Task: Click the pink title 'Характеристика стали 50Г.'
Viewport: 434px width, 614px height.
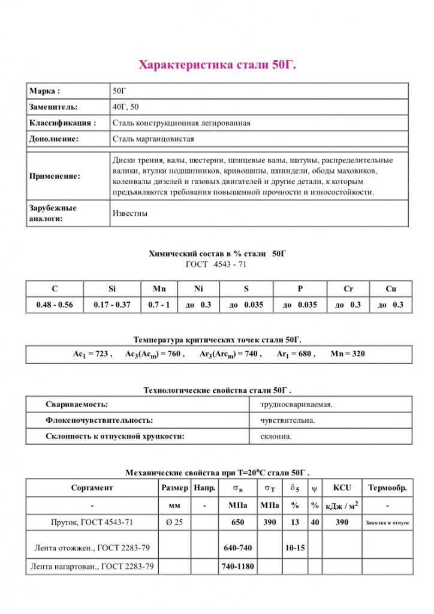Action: click(217, 64)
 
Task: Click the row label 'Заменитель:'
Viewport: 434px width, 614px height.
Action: click(53, 107)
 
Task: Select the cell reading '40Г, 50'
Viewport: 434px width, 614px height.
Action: click(126, 107)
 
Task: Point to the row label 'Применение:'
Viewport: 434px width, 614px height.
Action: click(55, 176)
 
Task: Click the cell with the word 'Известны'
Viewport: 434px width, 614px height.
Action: click(130, 213)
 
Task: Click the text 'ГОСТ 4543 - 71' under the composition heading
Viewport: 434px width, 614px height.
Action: click(217, 264)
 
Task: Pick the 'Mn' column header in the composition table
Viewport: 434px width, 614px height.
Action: click(159, 289)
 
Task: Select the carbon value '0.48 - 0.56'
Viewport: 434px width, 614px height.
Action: click(55, 305)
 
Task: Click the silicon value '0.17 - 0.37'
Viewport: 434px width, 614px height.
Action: click(112, 305)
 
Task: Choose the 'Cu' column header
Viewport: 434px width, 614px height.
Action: click(391, 289)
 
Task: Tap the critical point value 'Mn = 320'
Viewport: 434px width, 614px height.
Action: click(348, 354)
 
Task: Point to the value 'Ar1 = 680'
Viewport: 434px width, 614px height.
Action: click(296, 354)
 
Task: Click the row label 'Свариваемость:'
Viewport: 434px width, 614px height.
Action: click(77, 405)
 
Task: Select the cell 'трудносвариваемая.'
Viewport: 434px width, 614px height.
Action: click(296, 405)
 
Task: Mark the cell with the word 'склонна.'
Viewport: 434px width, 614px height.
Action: click(276, 437)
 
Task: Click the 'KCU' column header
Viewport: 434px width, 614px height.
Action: click(341, 488)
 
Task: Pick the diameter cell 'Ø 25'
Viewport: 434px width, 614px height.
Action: click(174, 522)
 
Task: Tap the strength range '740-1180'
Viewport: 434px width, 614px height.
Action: click(238, 566)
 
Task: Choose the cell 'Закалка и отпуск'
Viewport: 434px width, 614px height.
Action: click(387, 523)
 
